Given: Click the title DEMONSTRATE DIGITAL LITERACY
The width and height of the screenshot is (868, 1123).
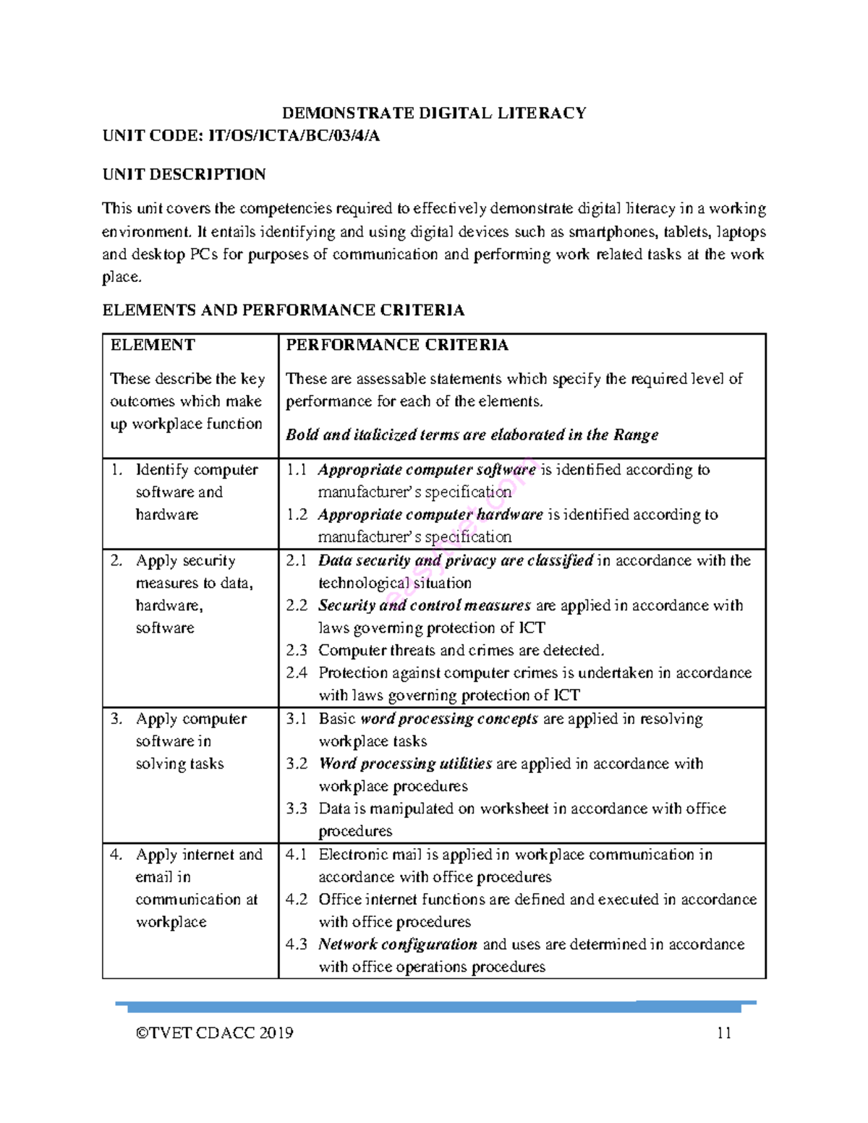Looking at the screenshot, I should click(x=433, y=113).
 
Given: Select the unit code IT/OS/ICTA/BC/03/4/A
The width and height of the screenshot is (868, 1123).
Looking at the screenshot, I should click(x=294, y=136).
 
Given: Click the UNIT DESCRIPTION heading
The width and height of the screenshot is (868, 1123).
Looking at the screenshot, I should click(x=184, y=174).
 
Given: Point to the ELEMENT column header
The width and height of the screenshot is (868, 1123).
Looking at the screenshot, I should click(x=153, y=345).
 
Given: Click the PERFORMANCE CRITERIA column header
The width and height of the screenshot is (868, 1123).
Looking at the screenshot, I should click(x=397, y=345).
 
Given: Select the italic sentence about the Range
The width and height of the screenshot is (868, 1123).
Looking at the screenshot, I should click(x=472, y=435).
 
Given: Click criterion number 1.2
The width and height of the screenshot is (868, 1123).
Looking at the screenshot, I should click(x=297, y=514).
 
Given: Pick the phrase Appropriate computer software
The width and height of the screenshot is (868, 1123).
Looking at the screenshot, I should click(x=426, y=469).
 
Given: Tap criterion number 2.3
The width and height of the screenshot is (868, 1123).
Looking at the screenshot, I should click(x=297, y=650).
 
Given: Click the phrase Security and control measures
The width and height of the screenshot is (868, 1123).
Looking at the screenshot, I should click(x=424, y=605).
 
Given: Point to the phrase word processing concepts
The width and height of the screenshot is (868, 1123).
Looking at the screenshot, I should click(x=448, y=719).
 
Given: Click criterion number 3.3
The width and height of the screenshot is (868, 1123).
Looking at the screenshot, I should click(x=297, y=808).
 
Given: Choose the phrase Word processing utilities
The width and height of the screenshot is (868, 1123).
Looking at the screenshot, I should click(x=405, y=764).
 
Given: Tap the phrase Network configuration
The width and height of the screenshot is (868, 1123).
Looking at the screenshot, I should click(x=397, y=944).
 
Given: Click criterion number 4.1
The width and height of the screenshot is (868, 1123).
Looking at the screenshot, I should click(x=297, y=854).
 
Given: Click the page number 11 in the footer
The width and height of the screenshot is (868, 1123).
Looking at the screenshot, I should click(x=724, y=1033).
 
